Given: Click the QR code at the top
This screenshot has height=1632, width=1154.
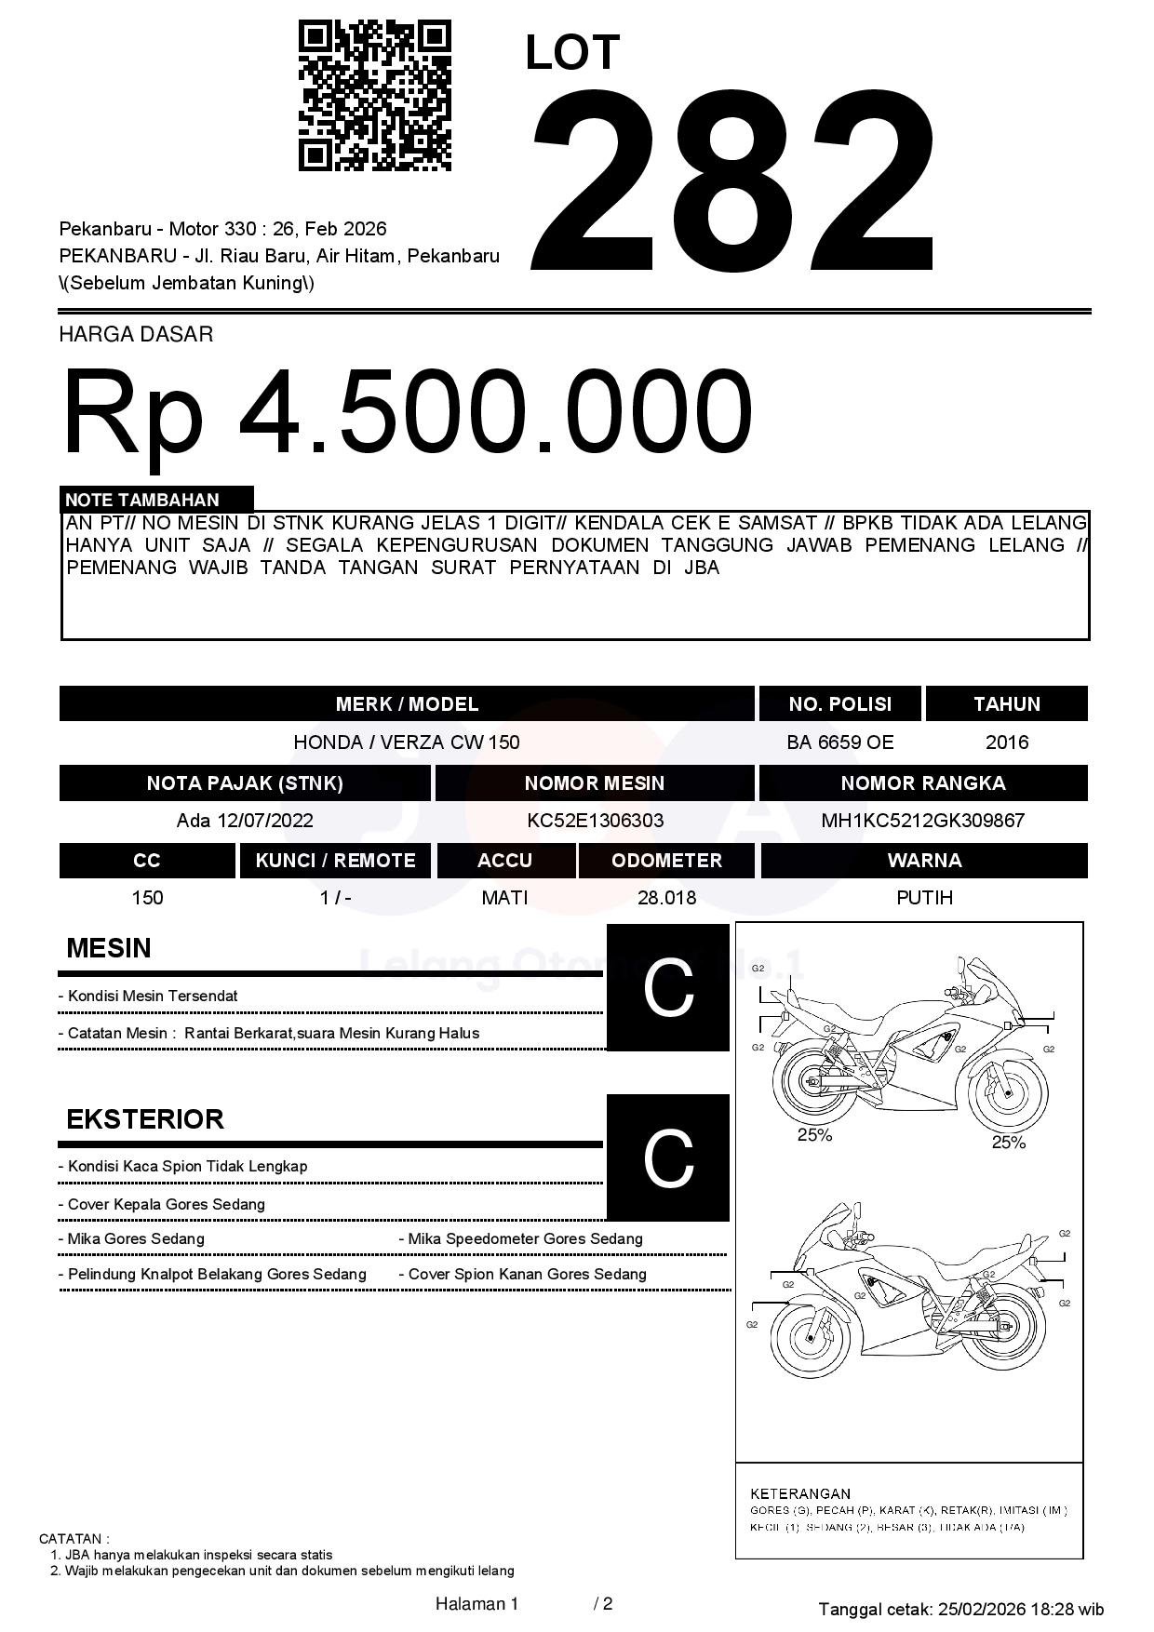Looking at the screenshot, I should coord(374,96).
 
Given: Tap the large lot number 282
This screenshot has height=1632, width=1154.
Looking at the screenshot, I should coord(732,179).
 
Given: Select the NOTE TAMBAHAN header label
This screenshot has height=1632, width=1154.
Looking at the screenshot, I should coord(142,500).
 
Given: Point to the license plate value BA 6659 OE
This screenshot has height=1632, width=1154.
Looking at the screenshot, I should coord(839,742).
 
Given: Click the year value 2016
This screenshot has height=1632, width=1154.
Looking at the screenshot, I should coord(1006,742).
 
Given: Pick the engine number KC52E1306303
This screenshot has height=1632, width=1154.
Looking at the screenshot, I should coord(595,821).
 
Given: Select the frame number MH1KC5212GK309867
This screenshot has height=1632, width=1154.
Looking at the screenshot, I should coord(922,821).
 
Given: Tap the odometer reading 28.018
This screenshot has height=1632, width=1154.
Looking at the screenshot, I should coord(666,898).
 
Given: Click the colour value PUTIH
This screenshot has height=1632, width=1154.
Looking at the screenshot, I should coord(924,898).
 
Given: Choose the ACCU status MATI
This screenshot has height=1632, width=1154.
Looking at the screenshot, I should coord(504,898).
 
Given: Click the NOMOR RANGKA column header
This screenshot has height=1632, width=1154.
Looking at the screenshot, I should coord(922,783).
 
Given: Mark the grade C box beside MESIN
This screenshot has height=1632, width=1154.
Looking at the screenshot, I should coord(668,987).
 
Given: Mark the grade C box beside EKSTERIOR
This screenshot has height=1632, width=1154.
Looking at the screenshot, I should coord(668,1157).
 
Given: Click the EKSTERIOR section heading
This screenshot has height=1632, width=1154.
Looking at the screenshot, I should coord(145,1118).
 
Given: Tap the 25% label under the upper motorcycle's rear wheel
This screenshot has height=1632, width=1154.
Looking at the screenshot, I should coord(814,1135).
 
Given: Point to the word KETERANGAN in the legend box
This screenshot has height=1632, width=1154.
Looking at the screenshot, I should coord(800,1493).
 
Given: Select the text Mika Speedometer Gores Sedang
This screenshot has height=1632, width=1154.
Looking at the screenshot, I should coord(526,1239).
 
